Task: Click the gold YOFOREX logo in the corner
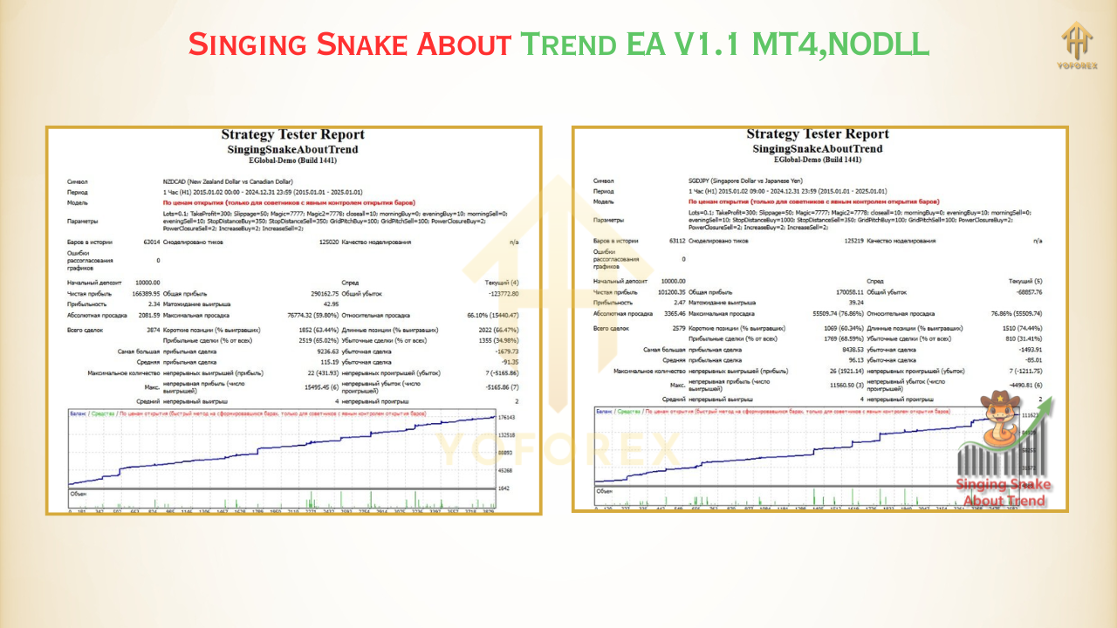pyautogui.click(x=1079, y=44)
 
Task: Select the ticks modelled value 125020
pyautogui.click(x=328, y=242)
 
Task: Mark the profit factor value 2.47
pyautogui.click(x=678, y=303)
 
